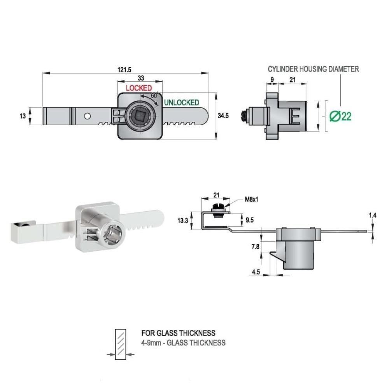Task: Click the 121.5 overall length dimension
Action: [x=124, y=70]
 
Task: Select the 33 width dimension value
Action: [x=141, y=78]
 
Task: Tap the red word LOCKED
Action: [x=139, y=88]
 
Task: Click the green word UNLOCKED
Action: [x=182, y=103]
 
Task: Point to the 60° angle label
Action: [x=154, y=95]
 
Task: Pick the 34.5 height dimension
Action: [x=223, y=116]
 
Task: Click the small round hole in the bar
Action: [x=87, y=116]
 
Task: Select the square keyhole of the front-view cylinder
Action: [x=140, y=116]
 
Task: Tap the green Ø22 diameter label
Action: [x=340, y=116]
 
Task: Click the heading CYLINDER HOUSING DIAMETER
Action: [x=313, y=69]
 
